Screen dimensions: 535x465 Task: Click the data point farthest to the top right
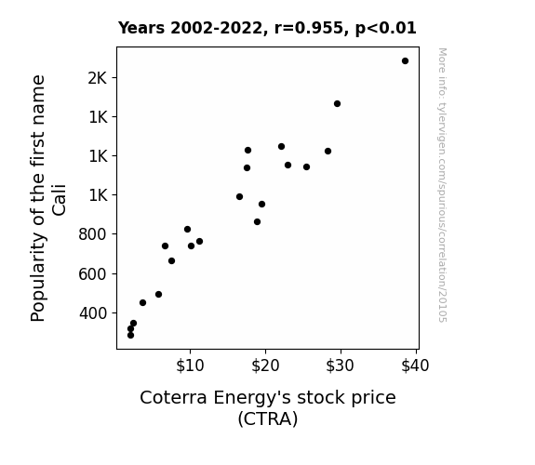coord(405,61)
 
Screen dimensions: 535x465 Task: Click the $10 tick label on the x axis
coord(190,365)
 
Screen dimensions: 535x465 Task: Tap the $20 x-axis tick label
coord(265,365)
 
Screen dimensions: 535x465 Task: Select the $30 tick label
coord(341,365)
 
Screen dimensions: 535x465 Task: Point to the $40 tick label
coord(415,365)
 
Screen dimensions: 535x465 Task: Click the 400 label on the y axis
coord(93,313)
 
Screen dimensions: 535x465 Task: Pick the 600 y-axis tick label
coord(93,274)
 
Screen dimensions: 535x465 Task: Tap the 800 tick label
coord(93,234)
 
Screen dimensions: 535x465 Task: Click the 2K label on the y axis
coord(98,78)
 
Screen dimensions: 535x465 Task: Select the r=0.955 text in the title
coord(309,28)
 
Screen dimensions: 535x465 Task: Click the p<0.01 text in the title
coord(385,29)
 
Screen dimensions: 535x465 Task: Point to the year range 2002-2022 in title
coord(216,28)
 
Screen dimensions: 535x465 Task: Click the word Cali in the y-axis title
coord(59,200)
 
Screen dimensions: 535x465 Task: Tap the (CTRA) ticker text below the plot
coord(268,418)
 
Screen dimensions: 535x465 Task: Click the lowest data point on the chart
coord(130,336)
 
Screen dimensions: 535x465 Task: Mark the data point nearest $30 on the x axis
coord(337,104)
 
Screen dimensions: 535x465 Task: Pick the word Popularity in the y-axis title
coord(37,276)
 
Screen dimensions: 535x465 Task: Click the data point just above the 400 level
coord(142,302)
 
